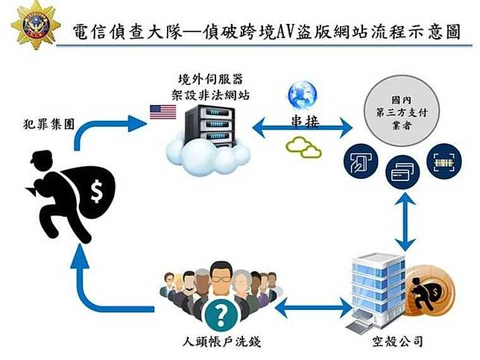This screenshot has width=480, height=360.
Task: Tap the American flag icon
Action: click(162, 112)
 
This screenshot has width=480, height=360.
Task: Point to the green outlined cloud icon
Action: click(303, 146)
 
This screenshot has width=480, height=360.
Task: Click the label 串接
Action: click(303, 121)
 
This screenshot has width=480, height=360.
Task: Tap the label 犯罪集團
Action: click(49, 124)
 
